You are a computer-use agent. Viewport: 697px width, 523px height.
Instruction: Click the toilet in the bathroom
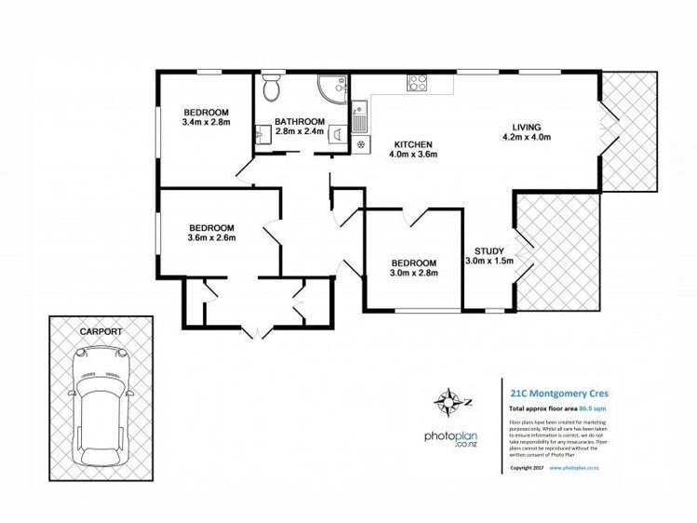(271, 88)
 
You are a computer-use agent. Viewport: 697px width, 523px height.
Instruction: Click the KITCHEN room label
(412, 144)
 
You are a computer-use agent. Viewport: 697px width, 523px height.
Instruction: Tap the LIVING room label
(527, 127)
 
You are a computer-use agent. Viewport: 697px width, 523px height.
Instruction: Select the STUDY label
(489, 250)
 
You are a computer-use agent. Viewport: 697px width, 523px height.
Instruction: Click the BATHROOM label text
(299, 122)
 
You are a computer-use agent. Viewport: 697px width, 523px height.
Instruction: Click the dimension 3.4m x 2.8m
(206, 121)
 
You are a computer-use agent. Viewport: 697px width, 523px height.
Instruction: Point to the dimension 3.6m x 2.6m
(211, 237)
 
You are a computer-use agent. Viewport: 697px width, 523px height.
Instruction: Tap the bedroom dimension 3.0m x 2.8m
(413, 273)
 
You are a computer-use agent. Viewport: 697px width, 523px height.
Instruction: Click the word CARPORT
(101, 330)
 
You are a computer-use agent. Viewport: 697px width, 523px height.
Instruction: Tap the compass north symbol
(448, 403)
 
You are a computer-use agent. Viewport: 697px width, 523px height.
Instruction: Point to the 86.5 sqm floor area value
(593, 408)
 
